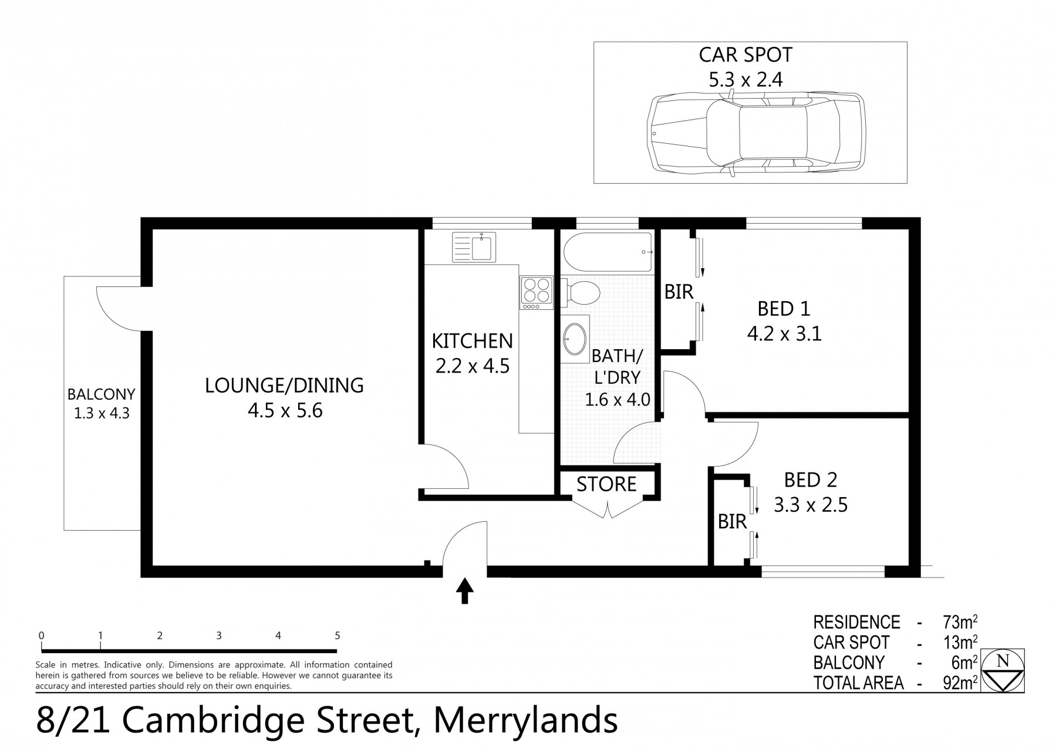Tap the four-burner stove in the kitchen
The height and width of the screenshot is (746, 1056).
click(537, 293)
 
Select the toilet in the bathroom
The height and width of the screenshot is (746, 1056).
click(581, 292)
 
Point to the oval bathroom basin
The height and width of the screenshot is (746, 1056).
click(574, 339)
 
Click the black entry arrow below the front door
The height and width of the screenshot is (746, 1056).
click(465, 590)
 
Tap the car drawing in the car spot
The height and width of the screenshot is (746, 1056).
click(757, 133)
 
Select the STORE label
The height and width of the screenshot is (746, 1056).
click(606, 484)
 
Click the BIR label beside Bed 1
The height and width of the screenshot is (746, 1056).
click(679, 292)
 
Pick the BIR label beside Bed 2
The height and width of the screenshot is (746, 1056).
click(732, 521)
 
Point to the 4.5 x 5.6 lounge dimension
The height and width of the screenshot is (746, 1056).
click(285, 410)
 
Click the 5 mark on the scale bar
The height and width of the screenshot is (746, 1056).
click(337, 636)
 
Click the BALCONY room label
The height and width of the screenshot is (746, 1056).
click(101, 394)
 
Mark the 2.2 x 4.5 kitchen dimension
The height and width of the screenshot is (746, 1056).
click(472, 366)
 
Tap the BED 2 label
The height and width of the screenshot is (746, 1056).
click(810, 480)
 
